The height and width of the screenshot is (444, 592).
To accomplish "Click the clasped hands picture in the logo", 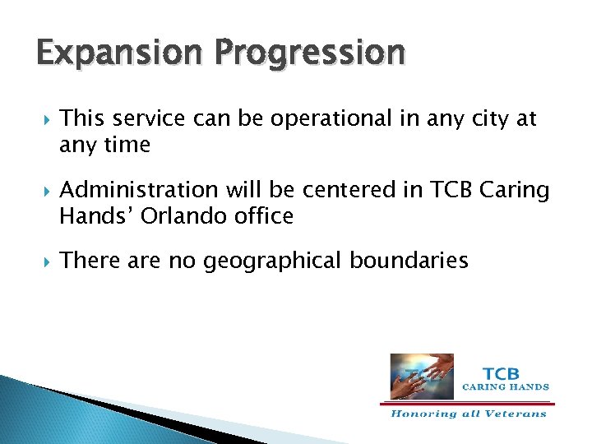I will tap(421, 365).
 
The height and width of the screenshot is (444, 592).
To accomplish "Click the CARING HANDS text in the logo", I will tap(506, 386).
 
